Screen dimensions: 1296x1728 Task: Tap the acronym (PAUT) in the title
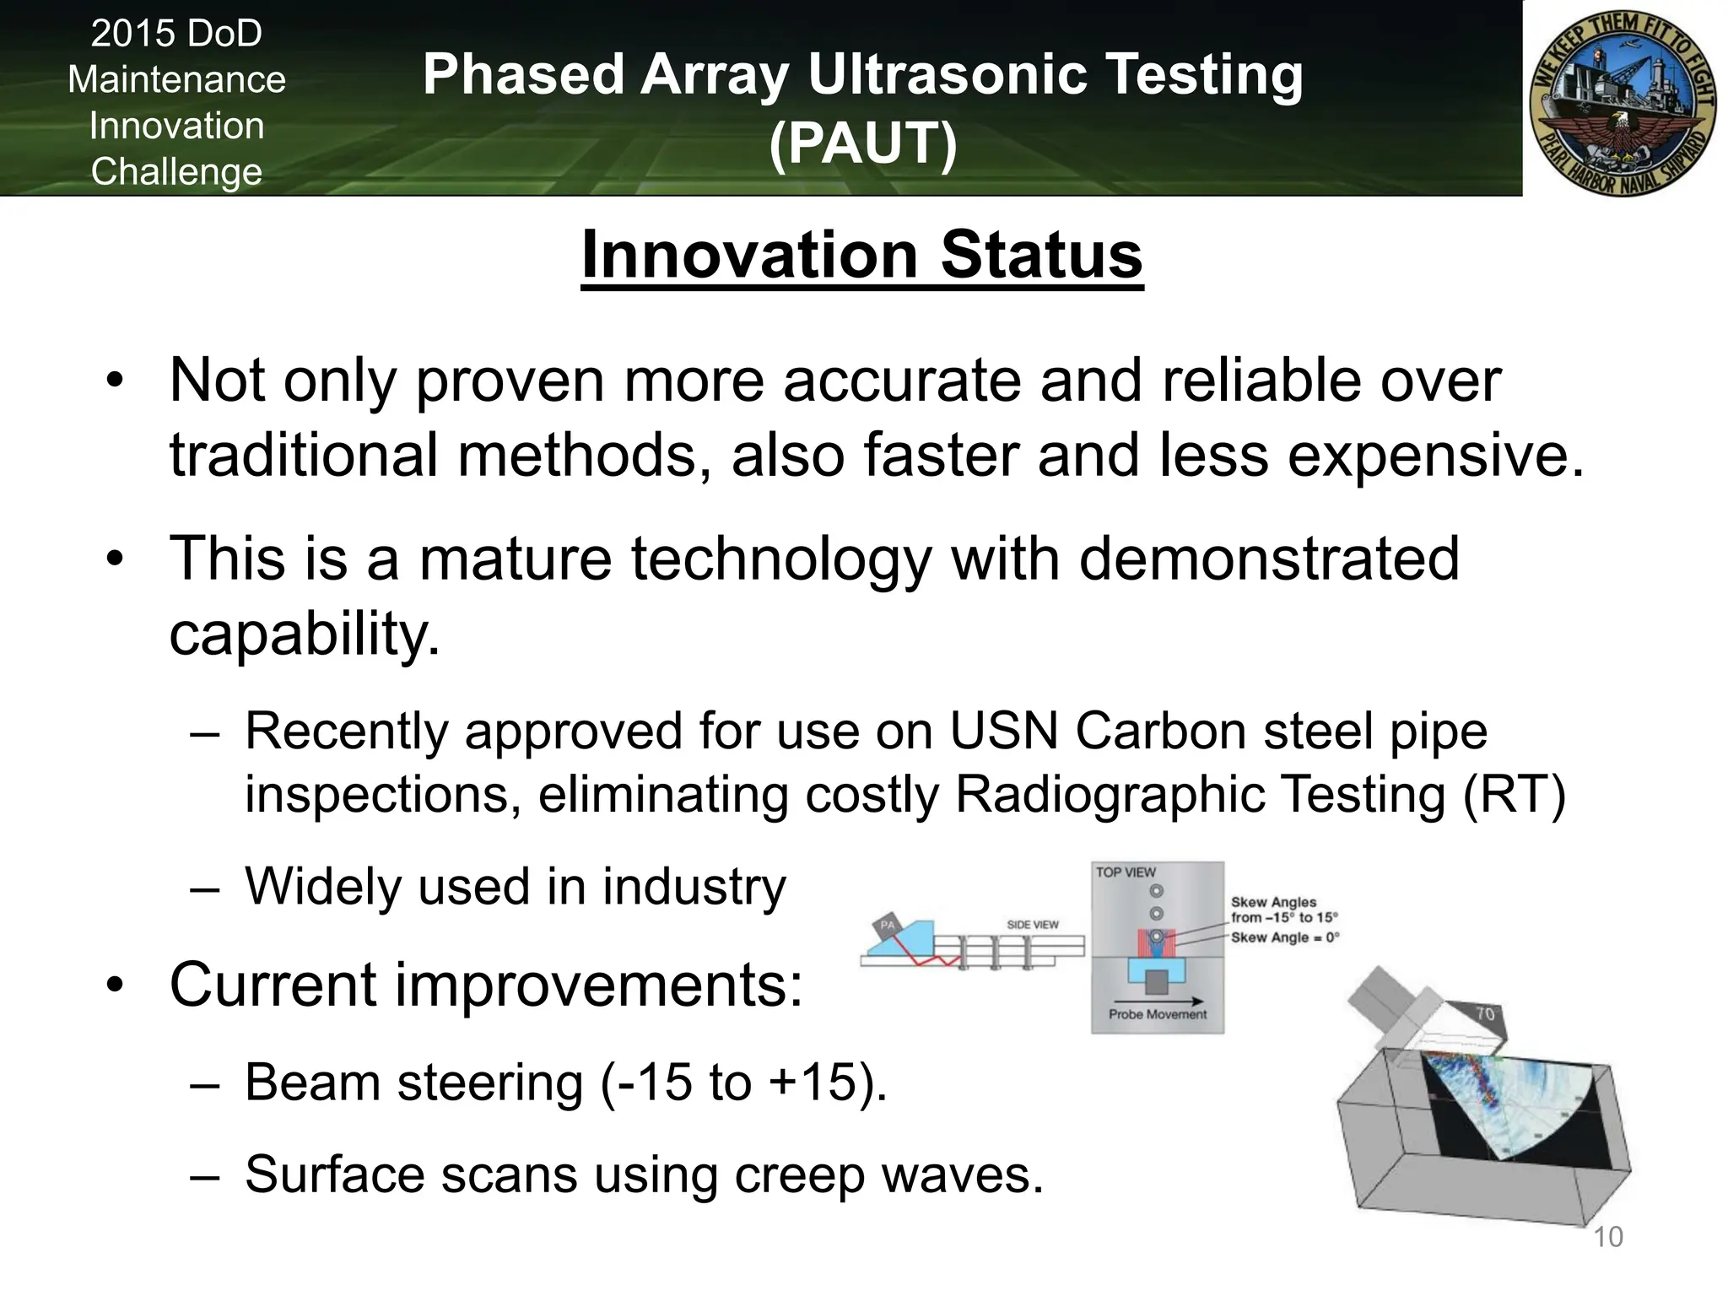[x=862, y=143]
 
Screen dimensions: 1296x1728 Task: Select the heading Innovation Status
[x=861, y=255]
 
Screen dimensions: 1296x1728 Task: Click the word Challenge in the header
[x=176, y=172]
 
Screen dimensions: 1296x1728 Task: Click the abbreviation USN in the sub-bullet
[x=1003, y=731]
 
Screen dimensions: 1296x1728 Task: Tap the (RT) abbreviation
[x=1514, y=795]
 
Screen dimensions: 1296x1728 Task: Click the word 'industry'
[x=694, y=887]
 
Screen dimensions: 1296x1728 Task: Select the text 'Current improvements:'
[x=486, y=985]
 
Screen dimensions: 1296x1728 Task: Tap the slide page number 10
[x=1607, y=1237]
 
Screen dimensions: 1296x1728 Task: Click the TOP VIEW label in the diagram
[x=1126, y=872]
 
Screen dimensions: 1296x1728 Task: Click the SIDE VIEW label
[x=1032, y=925]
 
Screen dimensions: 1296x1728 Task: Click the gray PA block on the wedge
[x=887, y=926]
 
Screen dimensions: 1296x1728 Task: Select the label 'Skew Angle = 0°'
[x=1284, y=937]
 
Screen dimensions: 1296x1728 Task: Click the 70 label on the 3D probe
[x=1485, y=1013]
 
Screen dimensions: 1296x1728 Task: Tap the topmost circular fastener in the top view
[x=1157, y=891]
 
